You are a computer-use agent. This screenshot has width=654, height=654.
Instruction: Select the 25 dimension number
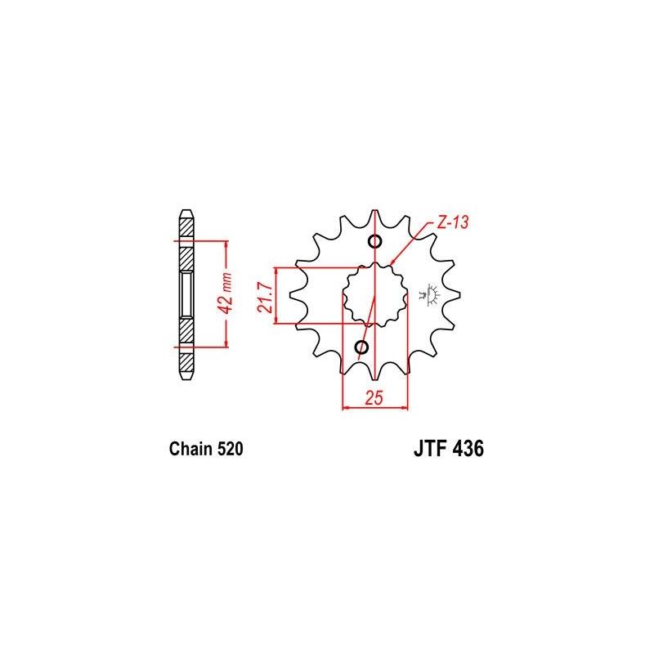click(375, 399)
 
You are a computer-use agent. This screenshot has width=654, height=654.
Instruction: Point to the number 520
click(226, 449)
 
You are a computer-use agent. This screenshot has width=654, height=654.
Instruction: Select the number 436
click(468, 449)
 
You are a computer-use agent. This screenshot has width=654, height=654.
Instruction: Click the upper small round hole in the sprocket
click(375, 241)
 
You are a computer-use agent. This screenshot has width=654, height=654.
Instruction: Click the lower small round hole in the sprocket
click(362, 349)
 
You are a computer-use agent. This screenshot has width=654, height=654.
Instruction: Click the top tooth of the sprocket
click(375, 217)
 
